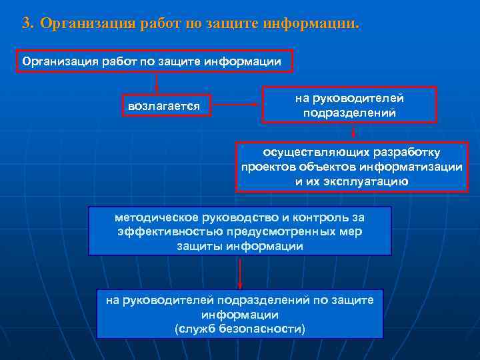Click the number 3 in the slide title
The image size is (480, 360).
(26, 24)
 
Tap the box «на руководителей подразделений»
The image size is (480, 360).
(349, 105)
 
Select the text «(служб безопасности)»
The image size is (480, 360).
(239, 329)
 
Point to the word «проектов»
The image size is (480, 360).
(265, 167)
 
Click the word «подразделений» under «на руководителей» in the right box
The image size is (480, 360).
(349, 113)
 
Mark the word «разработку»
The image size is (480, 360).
(415, 153)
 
